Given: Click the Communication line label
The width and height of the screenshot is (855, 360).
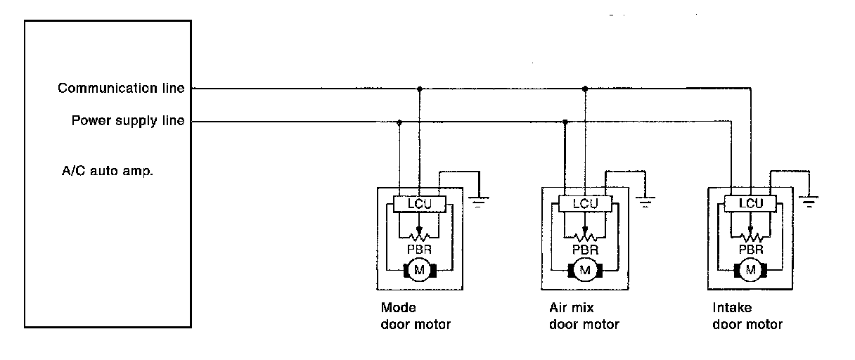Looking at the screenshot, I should click(x=121, y=89).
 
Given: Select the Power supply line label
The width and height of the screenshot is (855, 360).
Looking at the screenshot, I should click(x=128, y=121).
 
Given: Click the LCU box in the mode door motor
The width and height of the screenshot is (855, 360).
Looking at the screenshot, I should click(x=418, y=204).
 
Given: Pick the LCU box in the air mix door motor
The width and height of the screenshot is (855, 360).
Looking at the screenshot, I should click(x=585, y=204).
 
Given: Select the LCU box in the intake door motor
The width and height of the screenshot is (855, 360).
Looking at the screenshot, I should click(x=751, y=204).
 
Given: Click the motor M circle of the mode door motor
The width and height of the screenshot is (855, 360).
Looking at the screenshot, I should click(x=419, y=269).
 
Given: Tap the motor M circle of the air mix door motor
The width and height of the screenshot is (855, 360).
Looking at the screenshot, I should click(x=585, y=269).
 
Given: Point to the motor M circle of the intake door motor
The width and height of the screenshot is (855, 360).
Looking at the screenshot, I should click(x=751, y=269).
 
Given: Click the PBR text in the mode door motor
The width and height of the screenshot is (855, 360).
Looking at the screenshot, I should click(x=419, y=249).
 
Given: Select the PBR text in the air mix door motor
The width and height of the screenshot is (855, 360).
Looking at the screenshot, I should click(x=585, y=249).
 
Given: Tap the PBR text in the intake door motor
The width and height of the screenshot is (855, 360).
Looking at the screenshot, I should click(x=751, y=249).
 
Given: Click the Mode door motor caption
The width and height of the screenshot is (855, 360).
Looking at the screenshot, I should click(x=415, y=316).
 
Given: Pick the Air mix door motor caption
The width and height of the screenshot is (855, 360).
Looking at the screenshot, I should click(x=584, y=316).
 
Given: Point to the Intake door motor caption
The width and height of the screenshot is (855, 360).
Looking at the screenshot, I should click(x=747, y=316).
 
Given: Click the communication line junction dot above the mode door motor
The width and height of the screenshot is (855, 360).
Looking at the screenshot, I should click(x=420, y=89).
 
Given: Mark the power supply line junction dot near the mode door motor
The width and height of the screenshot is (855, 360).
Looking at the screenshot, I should click(x=399, y=122).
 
